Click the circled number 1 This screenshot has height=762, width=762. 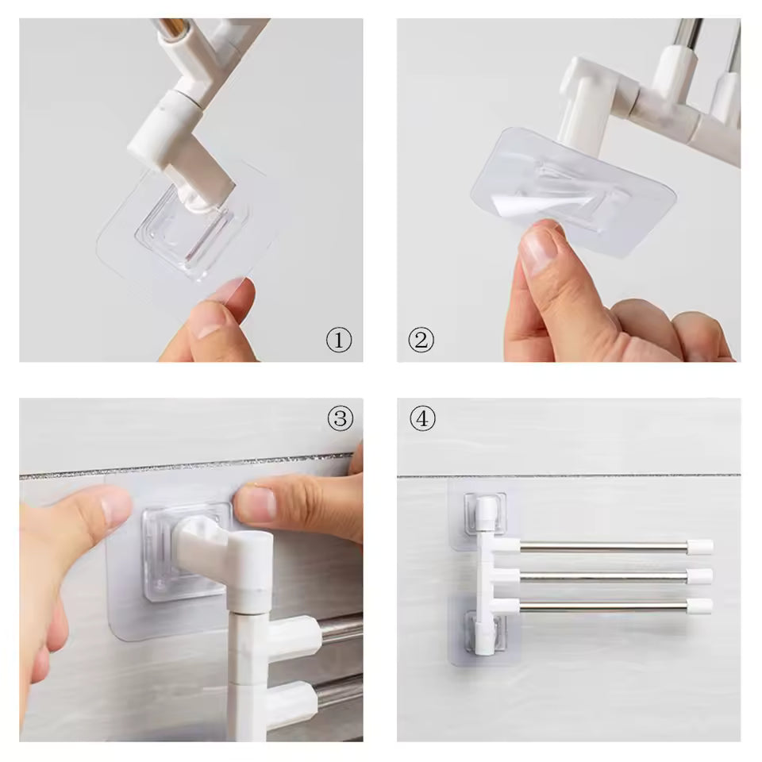[x=339, y=341]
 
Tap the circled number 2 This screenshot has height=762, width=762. [x=421, y=341]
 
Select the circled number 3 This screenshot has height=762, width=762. [x=340, y=418]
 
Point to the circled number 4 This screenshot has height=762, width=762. [x=422, y=418]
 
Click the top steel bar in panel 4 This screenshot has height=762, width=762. [x=603, y=546]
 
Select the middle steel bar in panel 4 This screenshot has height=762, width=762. [x=603, y=576]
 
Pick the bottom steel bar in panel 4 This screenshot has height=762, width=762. [x=603, y=606]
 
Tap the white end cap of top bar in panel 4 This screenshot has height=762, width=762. [x=700, y=546]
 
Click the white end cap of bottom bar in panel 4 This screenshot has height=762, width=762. [x=700, y=606]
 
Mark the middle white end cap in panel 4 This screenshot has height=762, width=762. [x=700, y=576]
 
